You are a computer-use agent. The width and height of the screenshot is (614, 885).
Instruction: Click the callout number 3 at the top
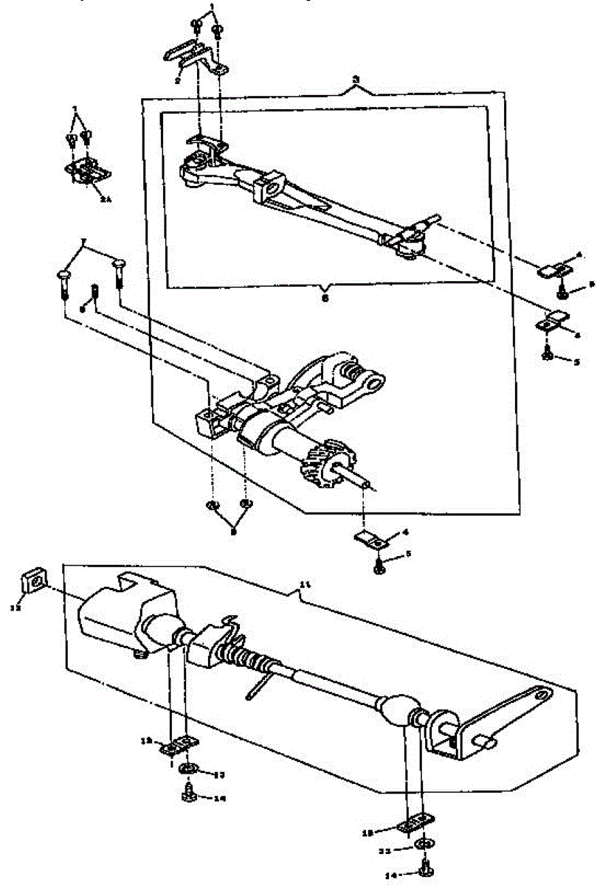click(x=355, y=79)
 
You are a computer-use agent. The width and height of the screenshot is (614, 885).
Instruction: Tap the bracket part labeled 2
click(x=193, y=57)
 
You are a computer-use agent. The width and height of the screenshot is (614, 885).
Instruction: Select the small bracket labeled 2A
click(x=87, y=170)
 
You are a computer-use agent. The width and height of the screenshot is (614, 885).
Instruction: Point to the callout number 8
click(x=82, y=310)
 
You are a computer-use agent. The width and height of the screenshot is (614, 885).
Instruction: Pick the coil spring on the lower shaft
click(x=244, y=652)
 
